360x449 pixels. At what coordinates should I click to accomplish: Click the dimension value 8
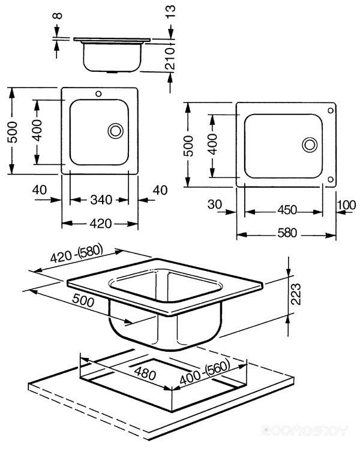pos(57,14)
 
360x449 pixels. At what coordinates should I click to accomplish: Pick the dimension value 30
pos(215,204)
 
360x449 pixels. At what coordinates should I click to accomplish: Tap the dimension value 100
pos(346,205)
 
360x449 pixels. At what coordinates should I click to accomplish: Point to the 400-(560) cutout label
pos(207,374)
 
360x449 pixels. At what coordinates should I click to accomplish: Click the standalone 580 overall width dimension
pos(287,234)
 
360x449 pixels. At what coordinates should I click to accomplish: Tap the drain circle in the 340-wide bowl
pos(115,130)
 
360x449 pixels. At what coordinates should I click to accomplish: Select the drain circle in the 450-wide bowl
pos(310,144)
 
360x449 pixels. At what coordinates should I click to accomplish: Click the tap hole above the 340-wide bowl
pos(100,94)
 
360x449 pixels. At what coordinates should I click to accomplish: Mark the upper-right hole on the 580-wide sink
pos(331,111)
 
